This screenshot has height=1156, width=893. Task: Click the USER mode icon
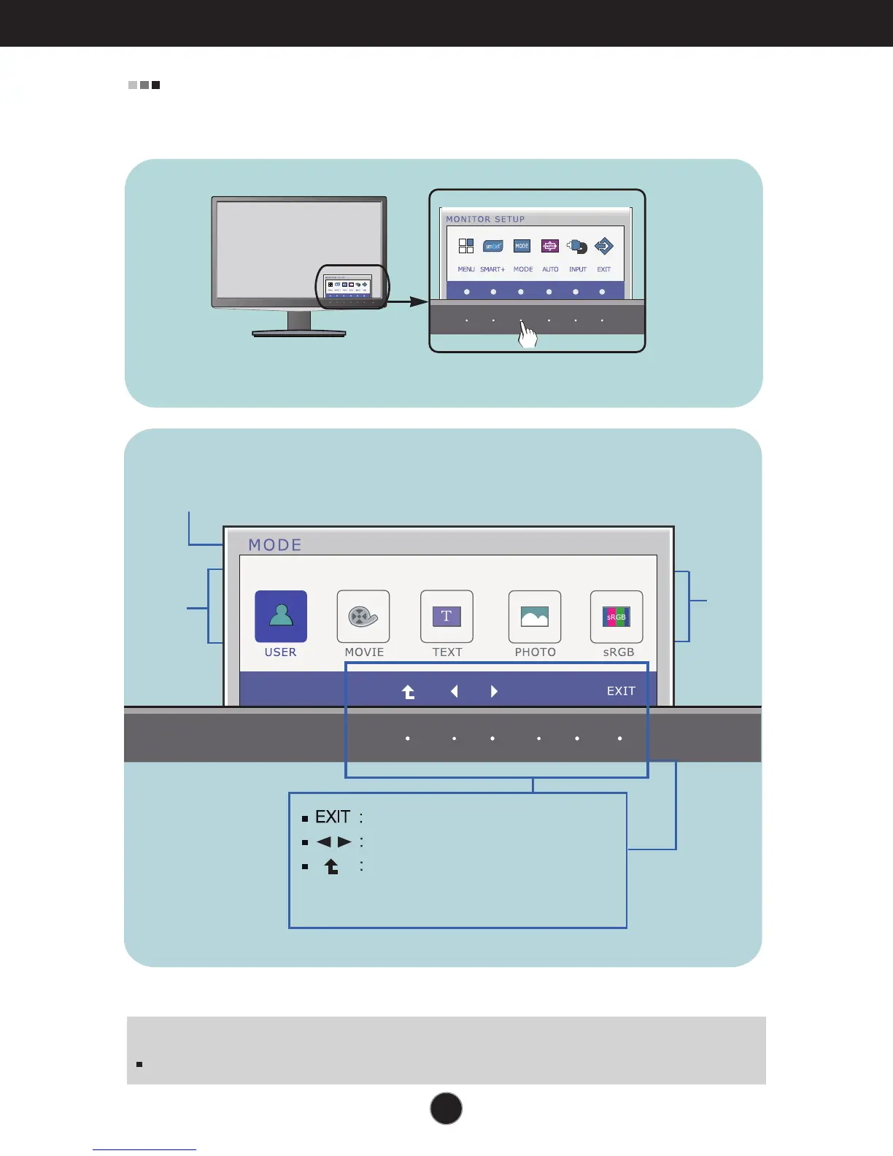click(281, 617)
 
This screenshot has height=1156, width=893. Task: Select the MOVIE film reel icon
click(363, 617)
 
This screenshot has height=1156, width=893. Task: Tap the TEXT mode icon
click(446, 617)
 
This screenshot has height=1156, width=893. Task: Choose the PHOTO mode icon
click(535, 617)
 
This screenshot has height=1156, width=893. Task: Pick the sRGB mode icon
click(616, 617)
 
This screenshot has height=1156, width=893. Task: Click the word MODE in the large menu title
click(275, 545)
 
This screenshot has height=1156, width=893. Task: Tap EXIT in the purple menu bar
click(621, 691)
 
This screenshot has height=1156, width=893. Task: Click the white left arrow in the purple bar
click(454, 691)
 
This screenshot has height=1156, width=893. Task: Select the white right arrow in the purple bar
click(494, 691)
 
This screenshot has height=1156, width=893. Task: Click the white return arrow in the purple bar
click(409, 692)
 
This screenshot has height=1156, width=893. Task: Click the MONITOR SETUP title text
click(485, 219)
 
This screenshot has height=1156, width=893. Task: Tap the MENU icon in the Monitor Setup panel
click(466, 246)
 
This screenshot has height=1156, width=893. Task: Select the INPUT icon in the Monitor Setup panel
click(577, 246)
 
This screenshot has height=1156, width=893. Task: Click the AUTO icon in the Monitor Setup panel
click(550, 246)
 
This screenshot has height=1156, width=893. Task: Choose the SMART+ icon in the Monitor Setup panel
click(493, 246)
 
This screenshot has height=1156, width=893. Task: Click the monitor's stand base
click(299, 333)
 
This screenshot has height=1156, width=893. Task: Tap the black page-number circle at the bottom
click(446, 1108)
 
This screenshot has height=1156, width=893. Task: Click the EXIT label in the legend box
click(333, 817)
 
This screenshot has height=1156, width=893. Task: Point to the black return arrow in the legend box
click(332, 866)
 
